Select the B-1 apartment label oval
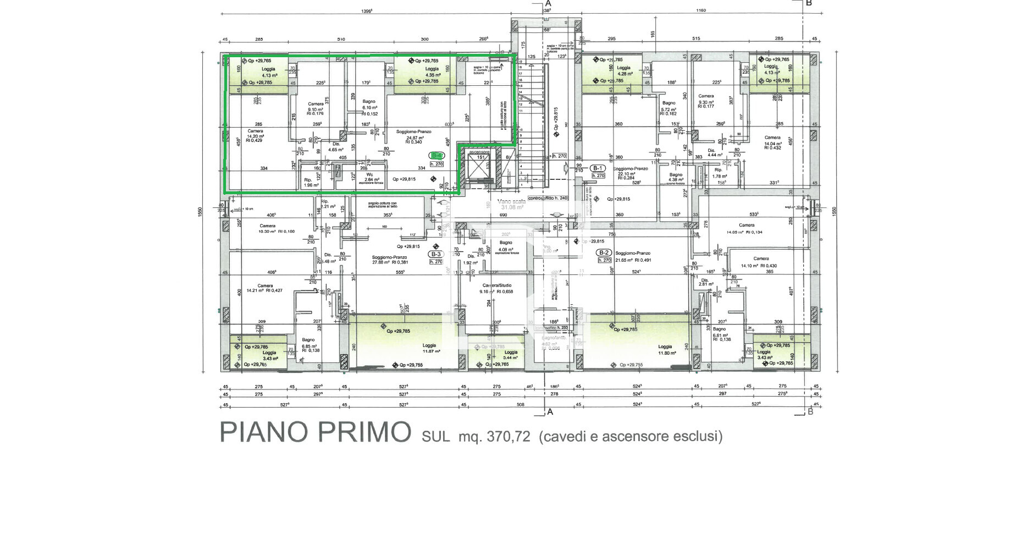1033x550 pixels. point(598,168)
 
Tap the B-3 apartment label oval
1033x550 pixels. point(436,254)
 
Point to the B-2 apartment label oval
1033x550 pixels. point(604,252)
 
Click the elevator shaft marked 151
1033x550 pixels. point(480,165)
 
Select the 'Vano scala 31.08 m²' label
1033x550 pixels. point(511,204)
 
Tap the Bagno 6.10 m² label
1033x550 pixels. point(369,105)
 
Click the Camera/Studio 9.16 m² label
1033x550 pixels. point(496,288)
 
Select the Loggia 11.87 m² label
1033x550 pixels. point(429,348)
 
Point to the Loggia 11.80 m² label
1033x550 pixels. point(666,349)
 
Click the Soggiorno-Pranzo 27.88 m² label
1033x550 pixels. point(389,260)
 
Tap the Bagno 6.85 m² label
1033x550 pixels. point(309,344)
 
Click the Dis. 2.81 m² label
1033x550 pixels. point(706,282)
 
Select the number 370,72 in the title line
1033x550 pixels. point(509,437)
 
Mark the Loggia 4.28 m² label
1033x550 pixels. point(624,70)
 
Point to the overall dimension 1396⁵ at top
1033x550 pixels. point(367,12)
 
